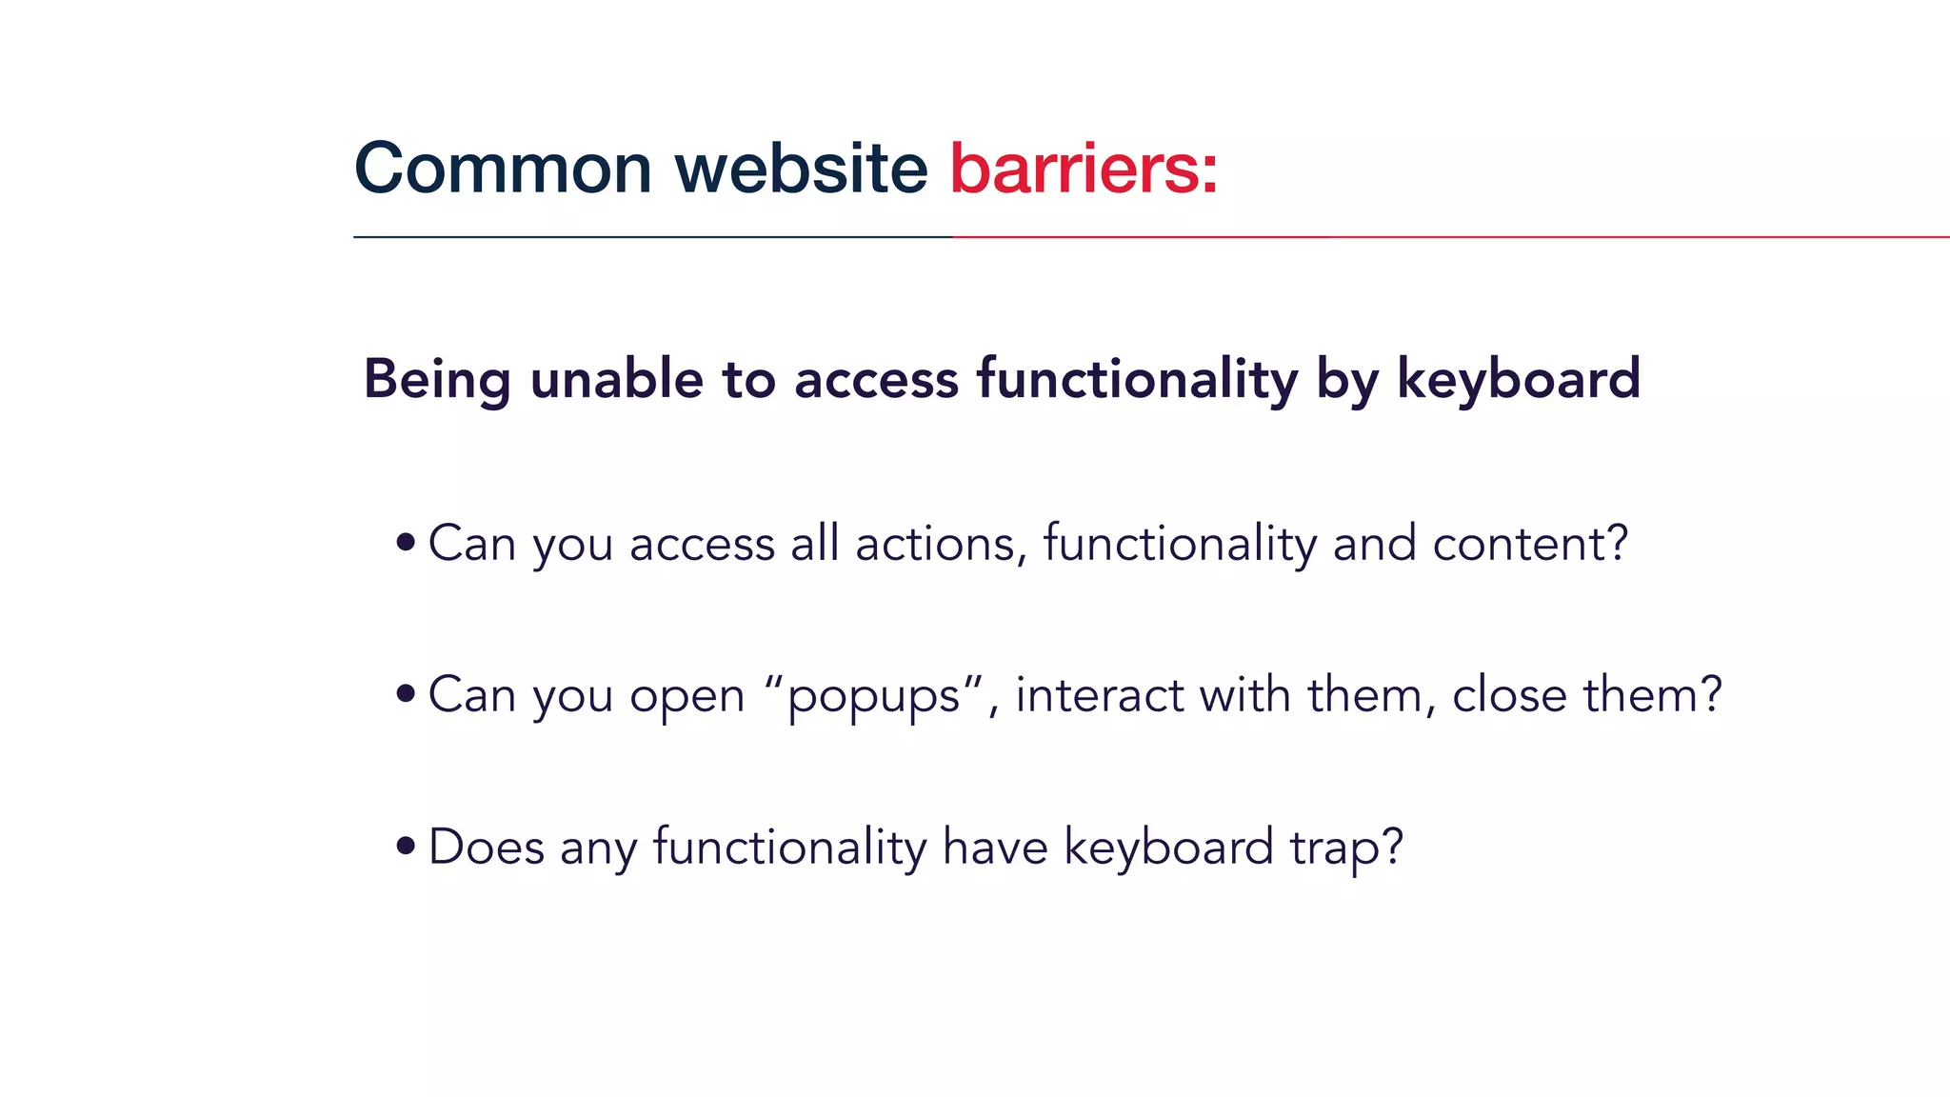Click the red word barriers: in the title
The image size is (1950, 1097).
click(x=1084, y=169)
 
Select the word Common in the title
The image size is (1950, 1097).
click(x=503, y=169)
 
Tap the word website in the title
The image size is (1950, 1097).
click(x=801, y=169)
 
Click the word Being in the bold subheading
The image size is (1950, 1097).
click(x=437, y=379)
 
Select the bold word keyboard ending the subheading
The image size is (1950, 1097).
click(x=1518, y=378)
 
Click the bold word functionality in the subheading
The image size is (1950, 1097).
click(x=1137, y=378)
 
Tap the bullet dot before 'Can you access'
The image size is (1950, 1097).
click(x=407, y=543)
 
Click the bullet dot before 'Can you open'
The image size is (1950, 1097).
click(x=407, y=694)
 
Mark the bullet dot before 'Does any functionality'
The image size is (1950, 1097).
click(x=407, y=846)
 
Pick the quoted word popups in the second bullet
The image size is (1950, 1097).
click(x=874, y=696)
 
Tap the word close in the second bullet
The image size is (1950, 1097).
click(x=1509, y=694)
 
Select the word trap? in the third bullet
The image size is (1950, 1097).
click(x=1346, y=848)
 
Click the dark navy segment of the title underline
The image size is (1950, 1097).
click(x=652, y=236)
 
